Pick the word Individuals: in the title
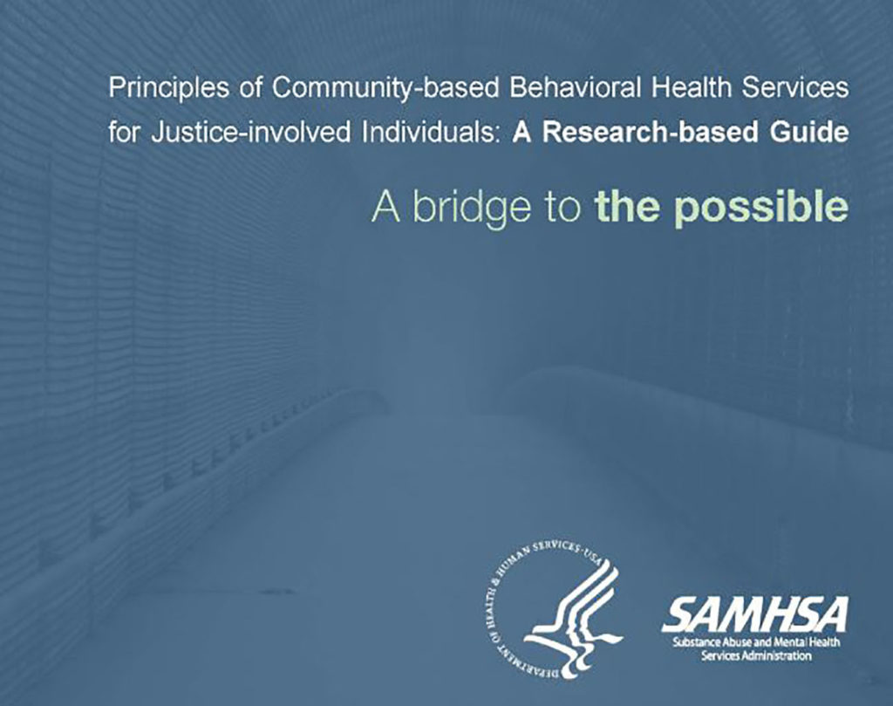tap(433, 133)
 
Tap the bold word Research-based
tap(650, 133)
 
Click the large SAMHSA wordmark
tap(754, 615)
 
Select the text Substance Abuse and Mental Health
tap(756, 642)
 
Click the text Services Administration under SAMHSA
tap(756, 656)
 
